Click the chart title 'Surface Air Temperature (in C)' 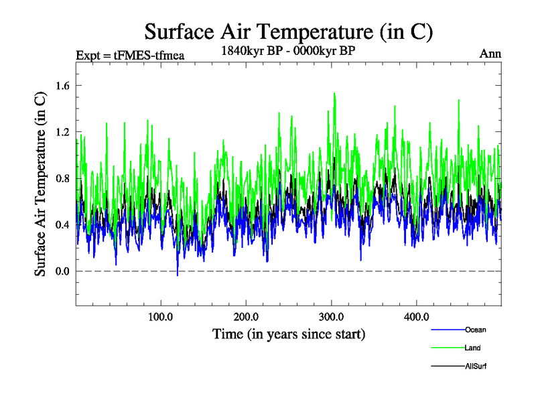289,32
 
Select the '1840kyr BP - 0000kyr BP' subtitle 288,50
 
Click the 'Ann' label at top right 490,54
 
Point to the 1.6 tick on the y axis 63,85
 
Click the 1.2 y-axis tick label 63,132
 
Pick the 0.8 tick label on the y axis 63,178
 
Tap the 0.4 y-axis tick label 63,224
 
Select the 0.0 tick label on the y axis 63,271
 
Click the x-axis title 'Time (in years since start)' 289,334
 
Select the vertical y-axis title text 41,184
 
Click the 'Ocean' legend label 476,330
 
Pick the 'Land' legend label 472,348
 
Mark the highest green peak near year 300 334,94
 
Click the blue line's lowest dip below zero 178,275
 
